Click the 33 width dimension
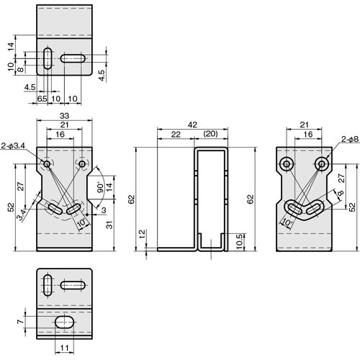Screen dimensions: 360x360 tap(64, 116)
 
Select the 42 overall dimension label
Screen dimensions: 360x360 tap(192, 125)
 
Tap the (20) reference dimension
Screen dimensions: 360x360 tap(210, 134)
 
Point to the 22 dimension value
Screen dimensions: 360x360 tap(176, 134)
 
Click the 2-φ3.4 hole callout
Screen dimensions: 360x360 tap(14, 145)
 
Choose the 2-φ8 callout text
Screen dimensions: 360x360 tap(350, 139)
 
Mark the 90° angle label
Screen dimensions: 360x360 tap(101, 188)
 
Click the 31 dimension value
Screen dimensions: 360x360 tap(109, 225)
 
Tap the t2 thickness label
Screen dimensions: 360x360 tap(143, 234)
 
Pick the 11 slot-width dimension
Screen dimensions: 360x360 tap(64, 348)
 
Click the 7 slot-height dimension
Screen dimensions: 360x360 tap(21, 321)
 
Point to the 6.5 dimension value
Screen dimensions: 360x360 tap(42, 99)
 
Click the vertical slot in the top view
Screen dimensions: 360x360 tap(48, 58)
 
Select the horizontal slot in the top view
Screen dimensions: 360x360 tap(73, 58)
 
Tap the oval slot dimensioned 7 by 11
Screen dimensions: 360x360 tap(65, 322)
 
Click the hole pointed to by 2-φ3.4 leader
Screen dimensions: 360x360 tap(47, 164)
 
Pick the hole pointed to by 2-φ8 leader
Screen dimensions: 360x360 tap(322, 164)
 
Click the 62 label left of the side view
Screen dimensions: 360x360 tap(132, 199)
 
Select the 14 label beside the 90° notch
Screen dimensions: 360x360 tap(109, 187)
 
